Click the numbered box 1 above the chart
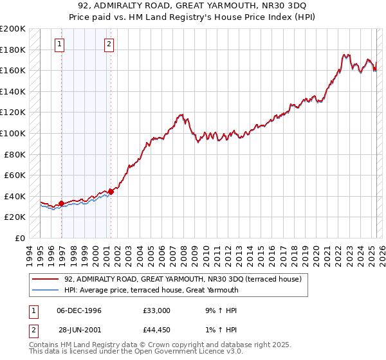pyautogui.click(x=59, y=44)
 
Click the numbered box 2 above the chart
pyautogui.click(x=109, y=44)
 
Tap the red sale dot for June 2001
pyautogui.click(x=111, y=191)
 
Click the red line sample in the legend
pyautogui.click(x=45, y=279)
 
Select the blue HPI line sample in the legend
pyautogui.click(x=45, y=290)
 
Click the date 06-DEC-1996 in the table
pyautogui.click(x=79, y=310)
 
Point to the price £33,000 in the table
pyautogui.click(x=157, y=310)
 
